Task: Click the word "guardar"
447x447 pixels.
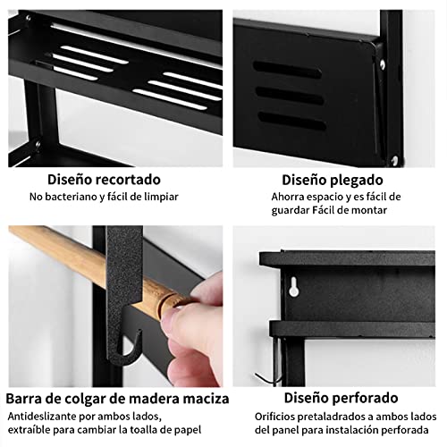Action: pyautogui.click(x=294, y=211)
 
